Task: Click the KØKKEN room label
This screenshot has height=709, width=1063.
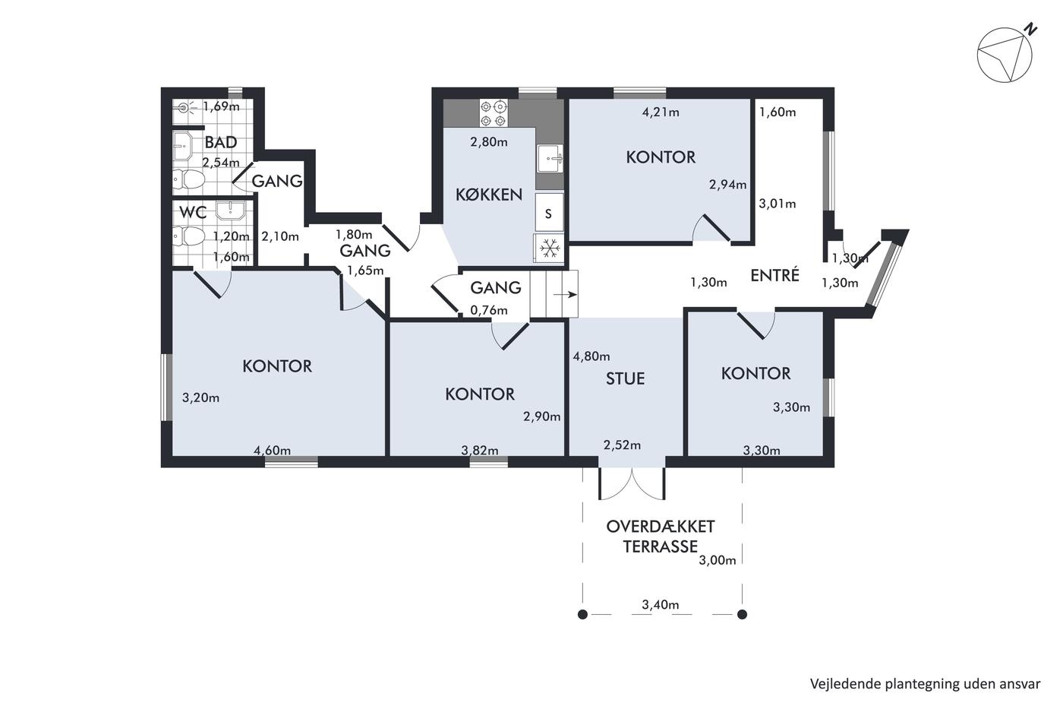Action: [489, 195]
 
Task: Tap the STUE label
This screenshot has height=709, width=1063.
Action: [625, 378]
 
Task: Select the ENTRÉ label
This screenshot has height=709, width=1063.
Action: [775, 275]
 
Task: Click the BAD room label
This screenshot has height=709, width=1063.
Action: [221, 142]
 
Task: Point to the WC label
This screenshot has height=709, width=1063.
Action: [193, 212]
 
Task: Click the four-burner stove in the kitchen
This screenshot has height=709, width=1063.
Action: [494, 113]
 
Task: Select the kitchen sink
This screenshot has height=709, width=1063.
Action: [550, 158]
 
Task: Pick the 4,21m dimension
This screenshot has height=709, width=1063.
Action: [660, 112]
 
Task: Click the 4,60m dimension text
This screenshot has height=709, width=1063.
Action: [272, 450]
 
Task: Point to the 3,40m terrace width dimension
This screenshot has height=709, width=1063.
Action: [660, 605]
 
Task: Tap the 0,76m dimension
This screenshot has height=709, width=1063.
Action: [489, 310]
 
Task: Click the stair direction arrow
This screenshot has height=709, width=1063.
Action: [565, 295]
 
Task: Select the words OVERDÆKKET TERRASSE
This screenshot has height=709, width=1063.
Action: [660, 536]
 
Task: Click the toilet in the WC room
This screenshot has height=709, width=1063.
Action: [189, 236]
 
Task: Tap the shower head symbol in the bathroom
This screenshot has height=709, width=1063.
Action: [185, 108]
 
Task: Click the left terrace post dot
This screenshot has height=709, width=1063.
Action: [583, 615]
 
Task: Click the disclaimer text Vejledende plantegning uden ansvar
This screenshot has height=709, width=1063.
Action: [925, 685]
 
